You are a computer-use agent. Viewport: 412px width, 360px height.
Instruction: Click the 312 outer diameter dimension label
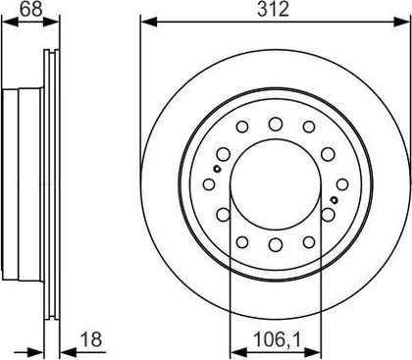pyautogui.click(x=273, y=10)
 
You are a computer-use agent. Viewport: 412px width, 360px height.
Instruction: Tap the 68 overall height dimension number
pyautogui.click(x=30, y=10)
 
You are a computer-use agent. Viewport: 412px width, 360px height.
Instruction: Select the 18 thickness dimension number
pyautogui.click(x=91, y=339)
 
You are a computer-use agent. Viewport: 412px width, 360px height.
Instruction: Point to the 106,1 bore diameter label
pyautogui.click(x=277, y=339)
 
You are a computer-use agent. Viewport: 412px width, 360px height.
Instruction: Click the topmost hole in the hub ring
pyautogui.click(x=276, y=124)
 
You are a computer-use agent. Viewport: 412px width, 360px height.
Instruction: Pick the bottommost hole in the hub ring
pyautogui.click(x=276, y=244)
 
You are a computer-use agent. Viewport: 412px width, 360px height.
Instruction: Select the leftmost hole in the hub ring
pyautogui.click(x=209, y=184)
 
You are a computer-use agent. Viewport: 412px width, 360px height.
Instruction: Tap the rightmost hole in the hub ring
pyautogui.click(x=342, y=184)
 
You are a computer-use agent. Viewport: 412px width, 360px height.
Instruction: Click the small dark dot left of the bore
pyautogui.click(x=217, y=169)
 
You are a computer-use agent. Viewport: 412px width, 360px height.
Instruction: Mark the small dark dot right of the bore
pyautogui.click(x=335, y=200)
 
